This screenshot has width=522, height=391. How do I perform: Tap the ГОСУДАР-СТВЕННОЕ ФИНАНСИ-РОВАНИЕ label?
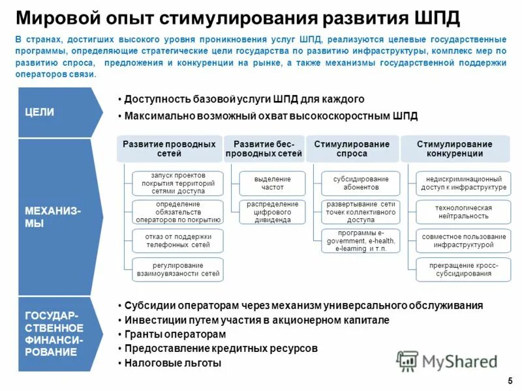click(54, 334)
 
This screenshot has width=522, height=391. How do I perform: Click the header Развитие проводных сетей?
click(169, 149)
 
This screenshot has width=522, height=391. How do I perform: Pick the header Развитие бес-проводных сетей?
click(264, 149)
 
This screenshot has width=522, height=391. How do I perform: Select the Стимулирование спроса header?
click(352, 149)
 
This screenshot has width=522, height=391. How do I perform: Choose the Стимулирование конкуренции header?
click(454, 149)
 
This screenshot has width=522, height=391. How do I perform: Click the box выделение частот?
click(273, 183)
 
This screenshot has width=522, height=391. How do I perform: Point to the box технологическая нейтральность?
click(463, 212)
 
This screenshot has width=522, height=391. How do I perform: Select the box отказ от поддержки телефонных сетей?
click(177, 240)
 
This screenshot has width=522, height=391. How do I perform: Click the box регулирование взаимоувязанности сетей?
click(177, 270)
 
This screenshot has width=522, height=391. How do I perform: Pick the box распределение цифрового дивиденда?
click(273, 212)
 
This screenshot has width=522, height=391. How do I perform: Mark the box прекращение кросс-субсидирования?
click(463, 270)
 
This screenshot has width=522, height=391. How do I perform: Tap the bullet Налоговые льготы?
click(173, 363)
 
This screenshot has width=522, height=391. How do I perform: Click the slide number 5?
click(509, 380)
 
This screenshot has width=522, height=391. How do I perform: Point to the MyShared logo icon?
click(408, 360)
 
